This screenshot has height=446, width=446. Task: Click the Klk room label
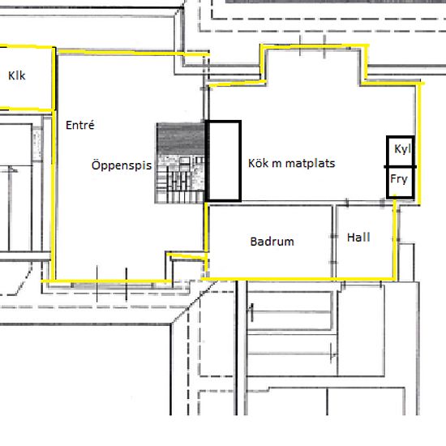click(17, 75)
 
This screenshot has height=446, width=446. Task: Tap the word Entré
click(80, 125)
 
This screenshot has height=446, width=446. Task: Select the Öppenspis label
click(122, 165)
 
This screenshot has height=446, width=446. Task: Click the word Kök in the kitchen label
click(258, 163)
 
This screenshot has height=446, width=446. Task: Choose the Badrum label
click(272, 242)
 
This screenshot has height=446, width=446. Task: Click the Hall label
click(358, 238)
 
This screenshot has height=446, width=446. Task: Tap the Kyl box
click(401, 151)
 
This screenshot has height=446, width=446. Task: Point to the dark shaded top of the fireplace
click(181, 139)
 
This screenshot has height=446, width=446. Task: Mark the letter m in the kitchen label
click(277, 164)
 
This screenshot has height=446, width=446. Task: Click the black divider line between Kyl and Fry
click(401, 167)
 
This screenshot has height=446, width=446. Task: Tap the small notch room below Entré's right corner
click(187, 268)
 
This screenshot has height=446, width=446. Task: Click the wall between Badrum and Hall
click(334, 242)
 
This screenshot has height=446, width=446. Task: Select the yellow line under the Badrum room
click(298, 279)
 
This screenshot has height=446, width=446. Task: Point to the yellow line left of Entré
click(54, 195)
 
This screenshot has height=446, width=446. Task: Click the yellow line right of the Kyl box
click(418, 144)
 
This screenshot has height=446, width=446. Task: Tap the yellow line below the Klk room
click(27, 109)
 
